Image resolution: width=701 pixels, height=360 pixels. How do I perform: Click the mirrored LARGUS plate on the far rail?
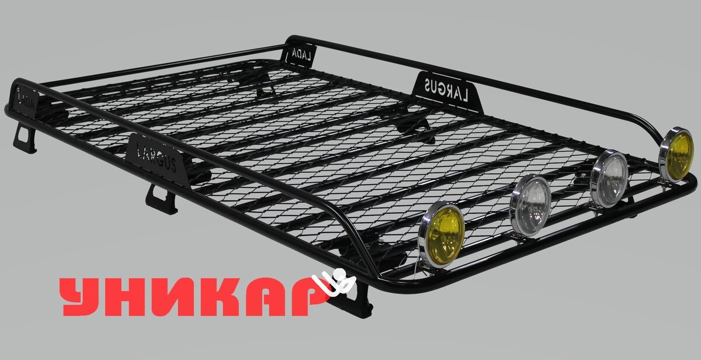click(x=448, y=92)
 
